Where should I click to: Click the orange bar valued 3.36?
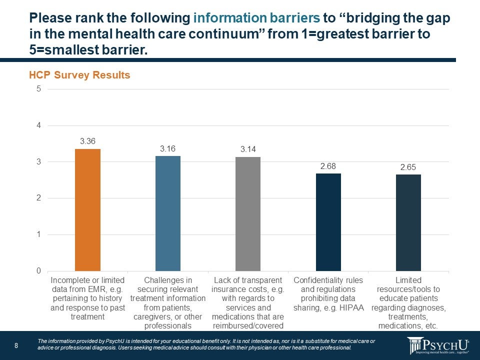[87, 210]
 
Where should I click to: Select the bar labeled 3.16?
[168, 213]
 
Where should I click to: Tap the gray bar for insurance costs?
[248, 214]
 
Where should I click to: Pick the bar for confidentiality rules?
[328, 222]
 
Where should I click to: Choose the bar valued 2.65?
[408, 222]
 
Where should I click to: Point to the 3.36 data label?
[88, 141]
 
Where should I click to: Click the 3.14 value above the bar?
[248, 149]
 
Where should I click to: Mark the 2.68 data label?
[328, 166]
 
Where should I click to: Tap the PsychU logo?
[438, 345]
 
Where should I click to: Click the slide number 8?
[16, 346]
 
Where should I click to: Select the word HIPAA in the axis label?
[352, 298]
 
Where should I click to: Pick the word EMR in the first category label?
[93, 289]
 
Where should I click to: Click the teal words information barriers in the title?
[256, 18]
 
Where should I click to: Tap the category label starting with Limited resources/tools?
[408, 303]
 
